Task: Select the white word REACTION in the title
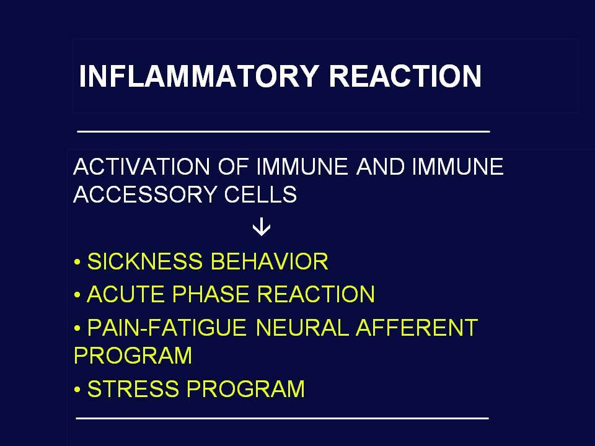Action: point(405,76)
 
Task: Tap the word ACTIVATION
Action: point(141,167)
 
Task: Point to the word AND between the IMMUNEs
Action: point(380,167)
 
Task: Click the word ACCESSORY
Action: point(144,194)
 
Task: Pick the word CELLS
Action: point(260,194)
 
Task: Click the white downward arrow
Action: point(262,228)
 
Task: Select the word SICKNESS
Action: point(144,261)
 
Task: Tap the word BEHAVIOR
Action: point(269,261)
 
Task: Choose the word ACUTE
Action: point(125,294)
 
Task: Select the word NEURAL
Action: point(302,327)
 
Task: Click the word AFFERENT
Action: point(416,327)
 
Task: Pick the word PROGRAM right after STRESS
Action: point(245,389)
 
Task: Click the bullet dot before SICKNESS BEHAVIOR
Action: point(77,262)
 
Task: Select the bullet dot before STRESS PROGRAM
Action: point(77,390)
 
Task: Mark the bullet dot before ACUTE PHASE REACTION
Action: point(77,295)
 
